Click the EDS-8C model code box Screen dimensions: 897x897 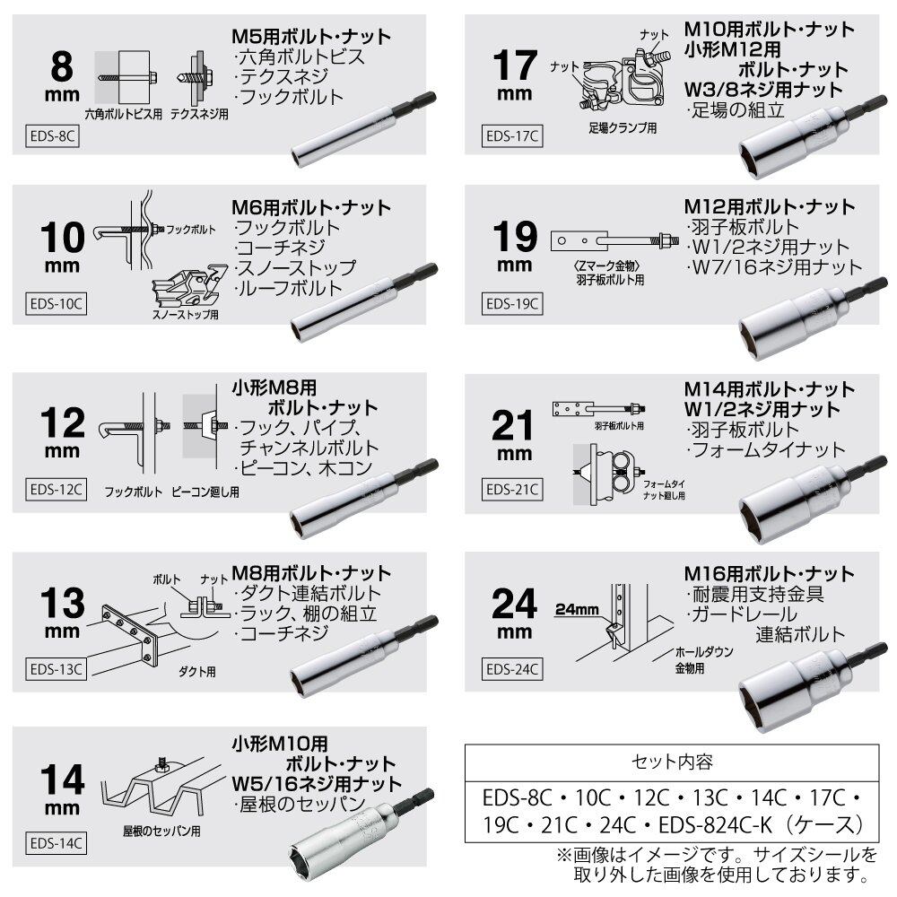click(x=52, y=136)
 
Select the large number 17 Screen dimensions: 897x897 click(x=515, y=65)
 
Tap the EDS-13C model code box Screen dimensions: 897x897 click(x=56, y=669)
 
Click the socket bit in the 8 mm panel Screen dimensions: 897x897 click(x=364, y=129)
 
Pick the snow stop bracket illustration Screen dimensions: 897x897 click(x=189, y=287)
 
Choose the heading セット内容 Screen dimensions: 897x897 click(x=672, y=762)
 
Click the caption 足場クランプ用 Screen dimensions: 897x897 click(x=623, y=128)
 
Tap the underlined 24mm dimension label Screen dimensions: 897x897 click(x=577, y=610)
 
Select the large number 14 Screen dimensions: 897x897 click(x=63, y=779)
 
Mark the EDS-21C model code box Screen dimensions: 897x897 click(x=512, y=490)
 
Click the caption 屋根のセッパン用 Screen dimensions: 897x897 click(x=161, y=831)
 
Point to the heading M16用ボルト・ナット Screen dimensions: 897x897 click(x=770, y=573)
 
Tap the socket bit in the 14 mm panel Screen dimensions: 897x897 click(x=361, y=829)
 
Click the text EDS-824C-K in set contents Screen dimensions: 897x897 click(x=715, y=825)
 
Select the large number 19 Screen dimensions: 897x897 click(x=515, y=237)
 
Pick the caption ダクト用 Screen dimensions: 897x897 click(x=196, y=672)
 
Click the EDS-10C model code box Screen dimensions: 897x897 click(x=56, y=304)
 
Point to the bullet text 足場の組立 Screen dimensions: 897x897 click(x=736, y=109)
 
